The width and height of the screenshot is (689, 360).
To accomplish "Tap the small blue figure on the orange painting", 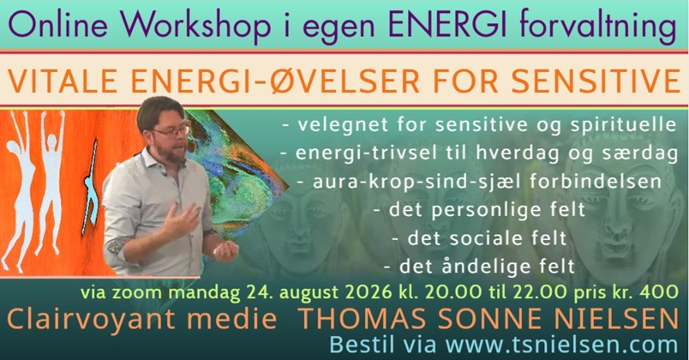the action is [91, 187].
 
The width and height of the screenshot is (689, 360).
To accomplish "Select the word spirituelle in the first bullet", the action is [623, 125].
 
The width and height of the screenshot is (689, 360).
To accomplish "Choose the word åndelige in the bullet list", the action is [491, 267].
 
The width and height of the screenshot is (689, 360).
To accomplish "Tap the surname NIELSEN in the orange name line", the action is [616, 319].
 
